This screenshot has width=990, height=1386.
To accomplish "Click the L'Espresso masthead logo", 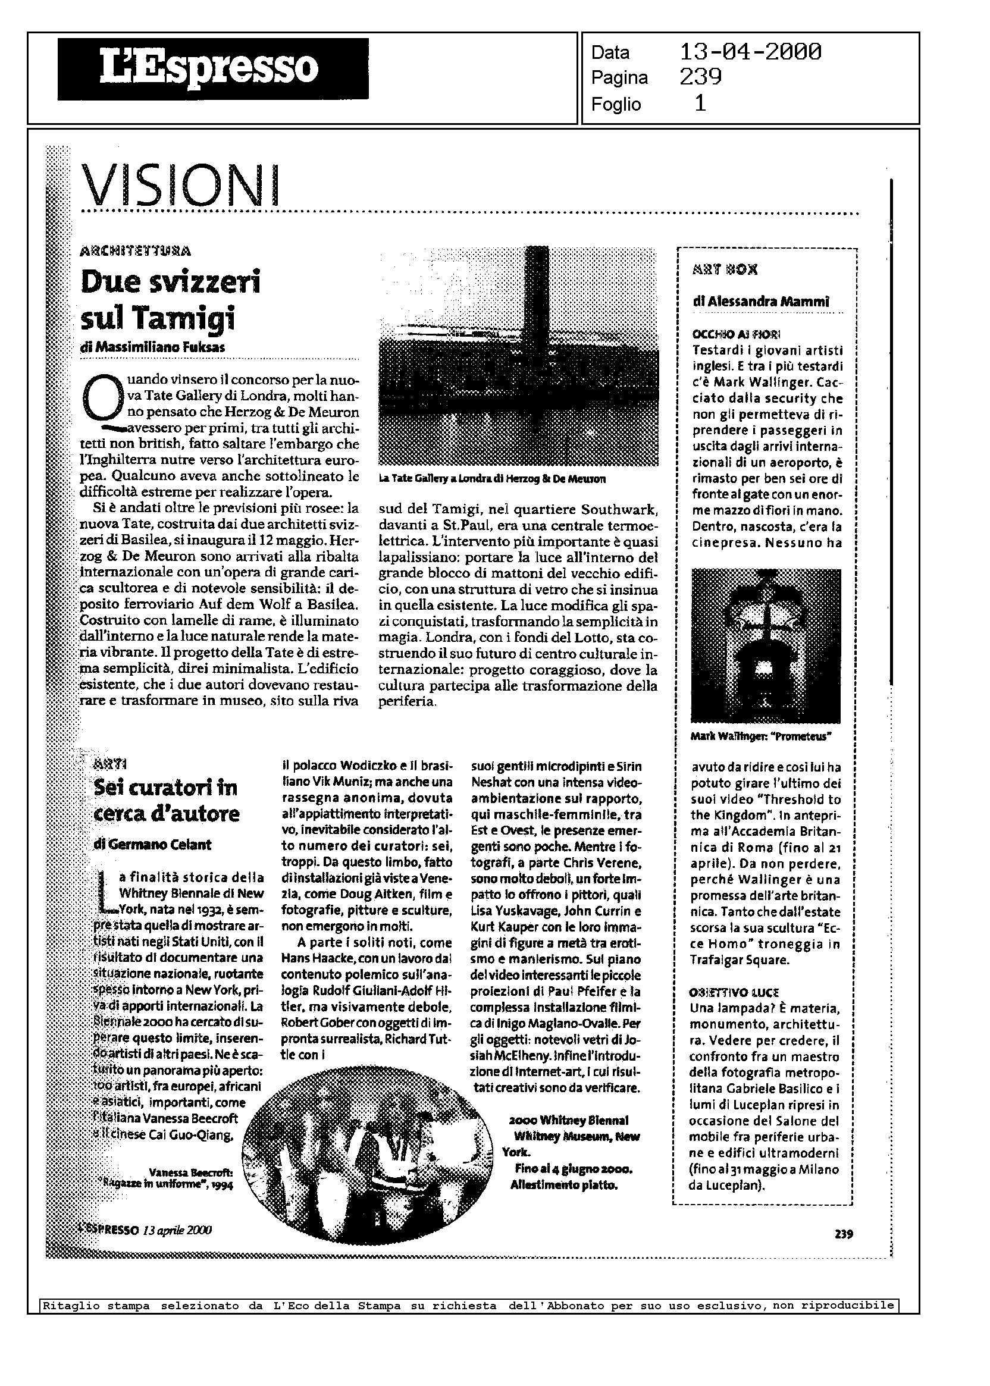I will click(x=213, y=68).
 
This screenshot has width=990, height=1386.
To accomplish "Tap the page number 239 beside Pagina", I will click(x=700, y=77).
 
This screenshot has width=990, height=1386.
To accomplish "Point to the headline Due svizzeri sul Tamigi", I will click(x=171, y=299).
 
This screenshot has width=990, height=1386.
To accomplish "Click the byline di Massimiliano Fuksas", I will click(x=152, y=347).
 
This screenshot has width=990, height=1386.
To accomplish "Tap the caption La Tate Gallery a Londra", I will click(x=492, y=479).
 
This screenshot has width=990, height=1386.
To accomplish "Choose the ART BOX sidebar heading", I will click(x=725, y=271).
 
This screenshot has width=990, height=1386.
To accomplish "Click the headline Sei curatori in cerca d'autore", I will click(x=167, y=800).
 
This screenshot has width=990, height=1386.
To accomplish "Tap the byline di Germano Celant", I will click(x=152, y=844).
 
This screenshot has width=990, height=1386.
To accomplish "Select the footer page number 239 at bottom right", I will click(x=844, y=1234).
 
